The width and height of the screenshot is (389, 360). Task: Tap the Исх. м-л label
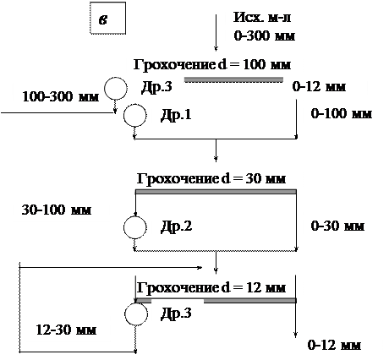click(x=262, y=18)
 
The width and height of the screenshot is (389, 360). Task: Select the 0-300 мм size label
click(x=265, y=36)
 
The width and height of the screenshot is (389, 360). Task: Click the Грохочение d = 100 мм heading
click(x=212, y=65)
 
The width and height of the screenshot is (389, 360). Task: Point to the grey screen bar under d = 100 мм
click(x=233, y=79)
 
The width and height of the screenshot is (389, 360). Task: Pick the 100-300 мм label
click(x=61, y=96)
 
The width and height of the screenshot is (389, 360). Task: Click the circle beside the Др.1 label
click(x=135, y=116)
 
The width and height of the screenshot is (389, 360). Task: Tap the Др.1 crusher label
click(x=176, y=115)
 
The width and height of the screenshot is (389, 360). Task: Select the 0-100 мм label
click(x=341, y=114)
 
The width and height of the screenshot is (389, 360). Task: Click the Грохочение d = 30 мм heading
click(x=211, y=178)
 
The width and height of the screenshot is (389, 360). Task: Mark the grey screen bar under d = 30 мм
click(x=216, y=192)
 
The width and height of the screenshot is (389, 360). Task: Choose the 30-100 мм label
click(x=57, y=210)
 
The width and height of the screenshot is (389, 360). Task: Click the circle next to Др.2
click(x=135, y=227)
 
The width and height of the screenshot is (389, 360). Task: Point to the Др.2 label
click(x=176, y=226)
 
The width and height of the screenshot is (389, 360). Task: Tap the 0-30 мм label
click(x=337, y=226)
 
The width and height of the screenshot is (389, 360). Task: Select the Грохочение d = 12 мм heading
click(x=211, y=288)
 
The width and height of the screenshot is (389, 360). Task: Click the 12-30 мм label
click(x=66, y=330)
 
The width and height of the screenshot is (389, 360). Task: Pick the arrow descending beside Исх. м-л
click(x=216, y=33)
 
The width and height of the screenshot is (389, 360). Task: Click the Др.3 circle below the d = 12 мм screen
click(x=136, y=314)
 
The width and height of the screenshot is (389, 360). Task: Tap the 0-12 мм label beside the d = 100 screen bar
click(x=319, y=87)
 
